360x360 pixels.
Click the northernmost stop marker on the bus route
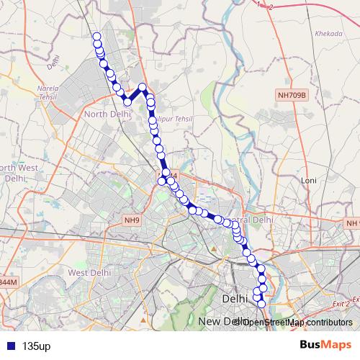click(x=96, y=36)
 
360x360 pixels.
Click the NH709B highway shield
click(x=293, y=94)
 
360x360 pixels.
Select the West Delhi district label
click(x=87, y=272)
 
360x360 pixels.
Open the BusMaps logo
click(x=321, y=346)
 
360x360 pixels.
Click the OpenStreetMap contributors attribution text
click(x=292, y=322)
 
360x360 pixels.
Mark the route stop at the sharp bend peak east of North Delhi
click(x=143, y=88)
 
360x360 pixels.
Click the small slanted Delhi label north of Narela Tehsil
click(x=52, y=64)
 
